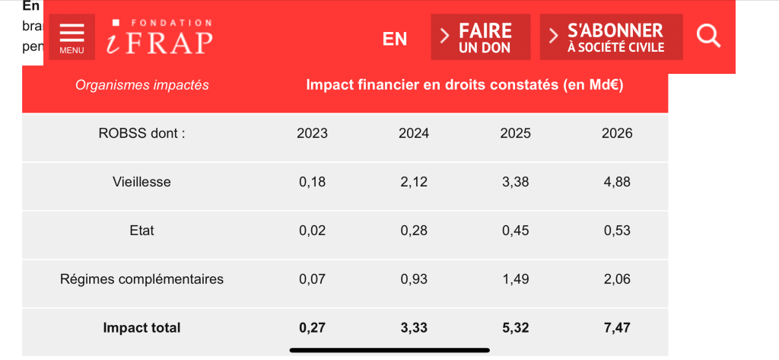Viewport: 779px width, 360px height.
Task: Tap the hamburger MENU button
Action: click(x=72, y=37)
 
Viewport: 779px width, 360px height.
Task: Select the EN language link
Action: click(x=395, y=39)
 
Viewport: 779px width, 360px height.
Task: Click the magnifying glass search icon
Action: click(x=708, y=36)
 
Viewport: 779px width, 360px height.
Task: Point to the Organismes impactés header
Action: click(x=142, y=85)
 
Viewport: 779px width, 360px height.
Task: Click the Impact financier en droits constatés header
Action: click(x=464, y=85)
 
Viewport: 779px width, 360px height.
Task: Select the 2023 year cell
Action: click(x=312, y=133)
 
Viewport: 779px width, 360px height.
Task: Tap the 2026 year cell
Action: click(x=617, y=133)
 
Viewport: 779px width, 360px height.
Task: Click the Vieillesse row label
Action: click(x=142, y=182)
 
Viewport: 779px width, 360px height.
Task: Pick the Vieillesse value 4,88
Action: click(x=617, y=182)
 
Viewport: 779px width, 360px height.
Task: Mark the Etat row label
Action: click(x=142, y=230)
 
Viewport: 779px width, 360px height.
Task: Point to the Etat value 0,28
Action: click(x=414, y=230)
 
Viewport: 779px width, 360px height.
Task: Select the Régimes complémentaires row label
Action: click(x=142, y=279)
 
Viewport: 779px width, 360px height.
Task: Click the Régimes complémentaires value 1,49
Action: click(x=516, y=279)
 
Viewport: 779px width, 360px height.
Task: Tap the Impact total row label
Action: click(x=142, y=328)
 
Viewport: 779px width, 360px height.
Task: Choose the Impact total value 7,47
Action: click(x=617, y=328)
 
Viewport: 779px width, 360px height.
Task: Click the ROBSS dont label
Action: click(x=142, y=133)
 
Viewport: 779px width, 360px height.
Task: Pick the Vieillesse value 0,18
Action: click(x=312, y=182)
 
